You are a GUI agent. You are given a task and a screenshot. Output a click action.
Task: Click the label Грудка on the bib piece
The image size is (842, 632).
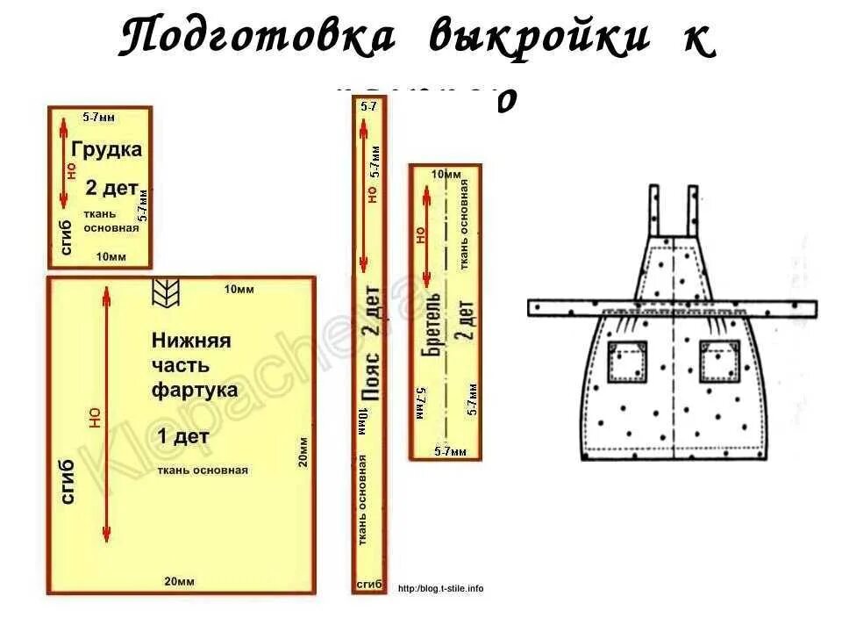click(106, 149)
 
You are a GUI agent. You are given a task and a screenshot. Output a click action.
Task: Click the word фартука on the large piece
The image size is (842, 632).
click(195, 388)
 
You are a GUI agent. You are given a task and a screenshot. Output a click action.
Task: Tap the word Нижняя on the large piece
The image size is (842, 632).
click(191, 340)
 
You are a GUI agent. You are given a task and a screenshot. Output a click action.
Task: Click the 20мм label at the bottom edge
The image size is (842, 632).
click(180, 582)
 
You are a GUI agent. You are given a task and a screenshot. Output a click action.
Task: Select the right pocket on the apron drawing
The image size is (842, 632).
click(721, 361)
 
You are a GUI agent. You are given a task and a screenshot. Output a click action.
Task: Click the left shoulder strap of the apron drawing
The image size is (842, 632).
click(655, 211)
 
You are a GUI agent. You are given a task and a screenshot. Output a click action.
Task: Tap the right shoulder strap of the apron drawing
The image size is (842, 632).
click(690, 211)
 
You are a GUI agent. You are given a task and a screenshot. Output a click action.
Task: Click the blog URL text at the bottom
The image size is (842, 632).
click(440, 588)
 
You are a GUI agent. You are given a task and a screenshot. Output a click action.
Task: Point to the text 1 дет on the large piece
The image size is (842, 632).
click(184, 435)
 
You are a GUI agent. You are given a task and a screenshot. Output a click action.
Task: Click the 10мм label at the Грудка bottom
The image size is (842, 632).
click(111, 257)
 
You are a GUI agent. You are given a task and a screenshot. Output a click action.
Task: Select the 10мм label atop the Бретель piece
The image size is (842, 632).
click(446, 176)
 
